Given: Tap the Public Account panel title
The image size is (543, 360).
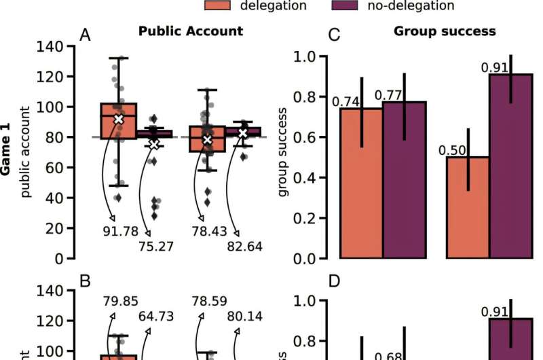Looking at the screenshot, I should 190,31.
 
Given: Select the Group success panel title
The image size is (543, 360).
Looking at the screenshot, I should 445,31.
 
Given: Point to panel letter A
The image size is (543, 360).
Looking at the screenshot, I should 85,35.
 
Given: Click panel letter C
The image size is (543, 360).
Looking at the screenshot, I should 334,35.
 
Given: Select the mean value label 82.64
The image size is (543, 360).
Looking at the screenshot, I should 245,247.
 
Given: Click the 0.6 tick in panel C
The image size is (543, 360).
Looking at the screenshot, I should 303,137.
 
